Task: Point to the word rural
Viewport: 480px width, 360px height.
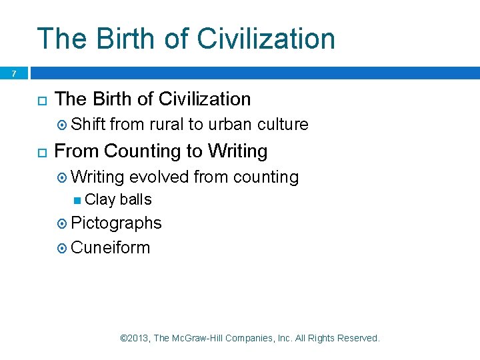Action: (166, 125)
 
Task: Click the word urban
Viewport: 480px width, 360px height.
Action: (229, 125)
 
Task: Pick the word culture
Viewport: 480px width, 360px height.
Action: (283, 125)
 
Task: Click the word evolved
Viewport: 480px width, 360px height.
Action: (158, 177)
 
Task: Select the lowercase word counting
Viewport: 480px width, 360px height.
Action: (266, 177)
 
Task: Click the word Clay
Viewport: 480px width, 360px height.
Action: (100, 200)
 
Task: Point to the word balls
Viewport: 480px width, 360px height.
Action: (135, 200)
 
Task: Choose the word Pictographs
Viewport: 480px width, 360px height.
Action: (116, 223)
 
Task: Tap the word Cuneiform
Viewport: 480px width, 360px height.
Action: (110, 248)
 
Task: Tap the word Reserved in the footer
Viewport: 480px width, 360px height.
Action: (358, 339)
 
